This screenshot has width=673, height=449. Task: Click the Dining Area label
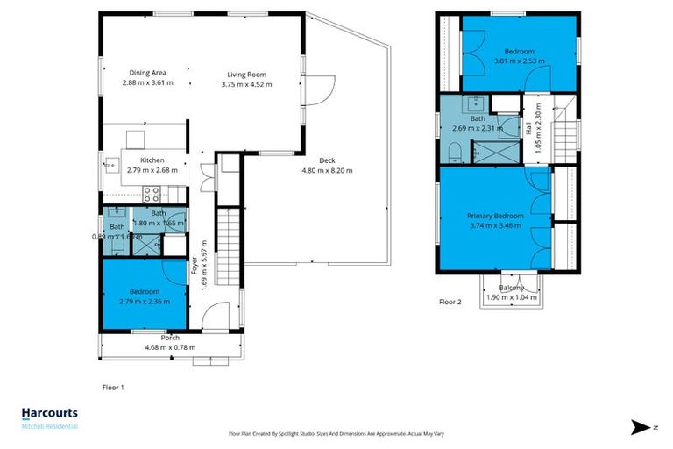tap(147, 74)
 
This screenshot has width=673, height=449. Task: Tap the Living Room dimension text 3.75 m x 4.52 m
tap(245, 85)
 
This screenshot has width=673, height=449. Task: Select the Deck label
tap(327, 160)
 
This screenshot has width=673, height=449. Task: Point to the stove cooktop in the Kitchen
tap(151, 194)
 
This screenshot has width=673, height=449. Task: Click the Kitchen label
tap(152, 160)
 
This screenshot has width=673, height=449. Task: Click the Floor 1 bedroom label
tap(145, 291)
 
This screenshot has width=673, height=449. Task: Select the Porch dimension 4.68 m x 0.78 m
tap(169, 348)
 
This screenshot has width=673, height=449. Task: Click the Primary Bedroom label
tap(495, 216)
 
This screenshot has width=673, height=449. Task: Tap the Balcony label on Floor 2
tap(512, 288)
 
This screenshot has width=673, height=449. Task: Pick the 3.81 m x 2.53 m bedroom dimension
tap(519, 61)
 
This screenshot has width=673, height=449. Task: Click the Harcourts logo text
tap(49, 412)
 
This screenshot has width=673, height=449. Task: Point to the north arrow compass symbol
tap(641, 427)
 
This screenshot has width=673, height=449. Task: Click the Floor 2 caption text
tap(450, 302)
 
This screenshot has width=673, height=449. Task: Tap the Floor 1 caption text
tap(114, 386)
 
